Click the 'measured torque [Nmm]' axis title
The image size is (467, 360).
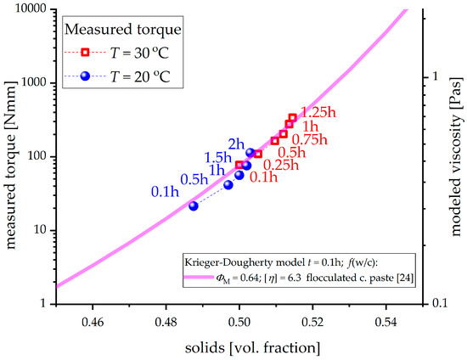[10, 156]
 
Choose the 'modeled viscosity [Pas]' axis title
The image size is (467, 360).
[457, 156]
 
